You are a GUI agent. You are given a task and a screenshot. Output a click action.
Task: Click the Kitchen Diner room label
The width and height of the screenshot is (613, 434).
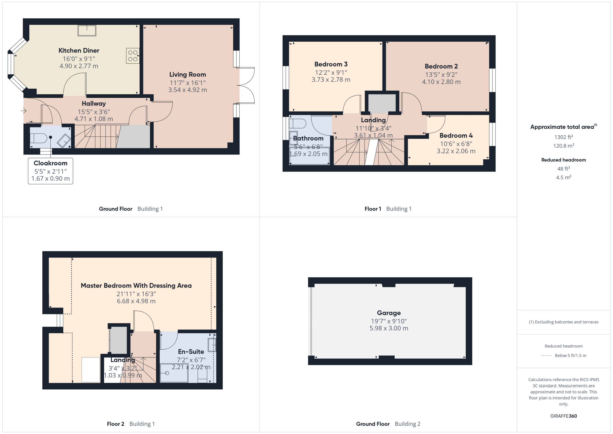pos(79,50)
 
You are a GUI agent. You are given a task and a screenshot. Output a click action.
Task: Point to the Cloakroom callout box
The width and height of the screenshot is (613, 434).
pos(50,171)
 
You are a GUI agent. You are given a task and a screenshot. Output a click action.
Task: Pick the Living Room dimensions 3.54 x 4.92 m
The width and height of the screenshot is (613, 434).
pos(188,90)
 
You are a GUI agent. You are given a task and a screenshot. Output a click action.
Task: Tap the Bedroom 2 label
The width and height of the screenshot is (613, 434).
pos(441,66)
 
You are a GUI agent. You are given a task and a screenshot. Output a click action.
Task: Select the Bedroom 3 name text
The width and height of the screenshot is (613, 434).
pos(331,64)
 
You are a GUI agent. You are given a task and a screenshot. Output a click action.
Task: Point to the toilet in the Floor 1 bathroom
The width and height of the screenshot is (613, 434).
pos(298,124)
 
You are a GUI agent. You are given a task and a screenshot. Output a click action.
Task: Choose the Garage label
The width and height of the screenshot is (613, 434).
pos(389,313)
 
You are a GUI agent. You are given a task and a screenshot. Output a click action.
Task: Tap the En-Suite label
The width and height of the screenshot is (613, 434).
pos(191,351)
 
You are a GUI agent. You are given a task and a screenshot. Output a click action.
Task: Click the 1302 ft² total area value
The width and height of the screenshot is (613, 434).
pos(564,137)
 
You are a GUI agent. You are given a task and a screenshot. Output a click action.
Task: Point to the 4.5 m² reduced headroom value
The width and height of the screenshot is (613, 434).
pos(564,177)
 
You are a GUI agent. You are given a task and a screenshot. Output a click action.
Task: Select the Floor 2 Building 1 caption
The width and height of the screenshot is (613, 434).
pos(131,424)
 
